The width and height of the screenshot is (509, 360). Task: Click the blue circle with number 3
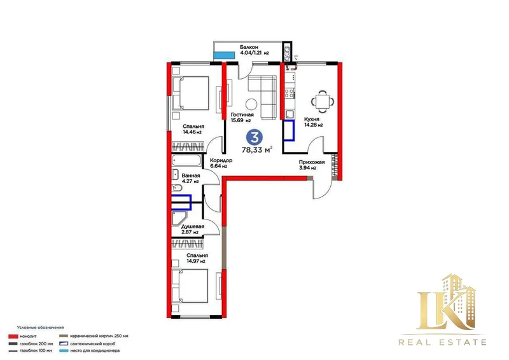coord(254,137)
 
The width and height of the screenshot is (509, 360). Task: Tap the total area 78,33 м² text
coord(257,149)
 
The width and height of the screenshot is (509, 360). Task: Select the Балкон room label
coord(249,47)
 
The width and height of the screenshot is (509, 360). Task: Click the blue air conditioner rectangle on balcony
coord(224,55)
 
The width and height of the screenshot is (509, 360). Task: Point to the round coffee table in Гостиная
coord(251,104)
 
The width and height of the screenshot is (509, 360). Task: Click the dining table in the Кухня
coord(323,99)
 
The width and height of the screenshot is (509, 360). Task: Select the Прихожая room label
coord(312,162)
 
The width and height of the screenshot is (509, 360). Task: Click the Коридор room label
coord(221,160)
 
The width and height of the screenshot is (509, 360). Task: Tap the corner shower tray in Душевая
coord(179,218)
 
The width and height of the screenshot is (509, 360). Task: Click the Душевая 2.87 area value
coord(190,232)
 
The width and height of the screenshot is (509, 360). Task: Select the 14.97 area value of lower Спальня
coord(196,261)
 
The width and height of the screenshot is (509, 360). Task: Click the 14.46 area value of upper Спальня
coord(192,132)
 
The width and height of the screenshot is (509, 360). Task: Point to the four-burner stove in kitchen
coord(289,93)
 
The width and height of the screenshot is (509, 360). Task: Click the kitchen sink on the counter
coord(289,114)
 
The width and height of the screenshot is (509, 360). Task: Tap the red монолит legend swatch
coord(13,336)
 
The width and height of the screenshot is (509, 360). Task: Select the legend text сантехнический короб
coord(92,343)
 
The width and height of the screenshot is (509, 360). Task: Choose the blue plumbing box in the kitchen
coord(289,130)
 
